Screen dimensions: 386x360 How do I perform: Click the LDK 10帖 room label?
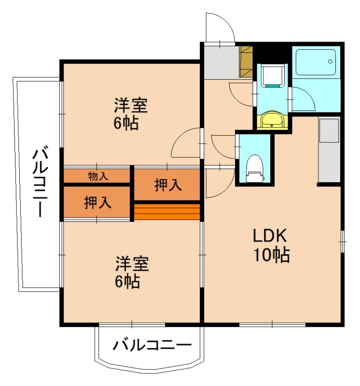coord(271,245)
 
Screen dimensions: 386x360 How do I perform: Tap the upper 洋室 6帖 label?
coord(130,114)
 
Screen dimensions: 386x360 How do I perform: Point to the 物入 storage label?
coord(98,176)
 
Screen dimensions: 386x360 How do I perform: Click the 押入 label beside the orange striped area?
coord(167,184)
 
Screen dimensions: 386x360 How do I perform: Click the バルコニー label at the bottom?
coord(152,345)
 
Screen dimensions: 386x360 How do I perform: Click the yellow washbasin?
coord(273,120)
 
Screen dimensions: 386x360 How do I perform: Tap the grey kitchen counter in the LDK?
coord(329,150)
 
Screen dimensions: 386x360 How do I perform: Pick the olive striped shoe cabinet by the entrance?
coord(246,61)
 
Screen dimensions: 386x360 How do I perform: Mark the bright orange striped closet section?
coord(167,211)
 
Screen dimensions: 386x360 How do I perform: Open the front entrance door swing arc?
coord(220,28)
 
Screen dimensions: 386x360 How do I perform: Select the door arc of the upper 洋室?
coord(186,144)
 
